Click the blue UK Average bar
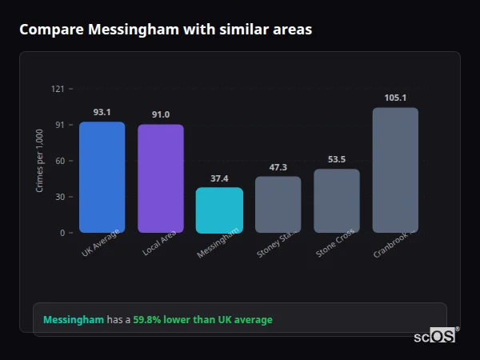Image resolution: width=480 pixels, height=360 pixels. (102, 177)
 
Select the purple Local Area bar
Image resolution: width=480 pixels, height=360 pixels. (160, 178)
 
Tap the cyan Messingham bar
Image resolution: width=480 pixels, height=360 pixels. (219, 210)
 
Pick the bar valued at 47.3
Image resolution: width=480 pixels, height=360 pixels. (278, 205)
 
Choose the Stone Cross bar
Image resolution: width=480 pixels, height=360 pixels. (337, 201)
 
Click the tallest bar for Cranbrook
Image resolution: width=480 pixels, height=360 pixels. (395, 170)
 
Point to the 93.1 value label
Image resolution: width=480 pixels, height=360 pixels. (102, 113)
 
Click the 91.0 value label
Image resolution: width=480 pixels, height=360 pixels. (160, 115)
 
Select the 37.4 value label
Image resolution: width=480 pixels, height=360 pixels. (219, 178)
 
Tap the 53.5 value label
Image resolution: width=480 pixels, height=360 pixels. (337, 160)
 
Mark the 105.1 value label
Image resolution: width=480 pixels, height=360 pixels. (395, 98)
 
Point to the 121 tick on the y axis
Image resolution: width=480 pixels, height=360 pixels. (58, 89)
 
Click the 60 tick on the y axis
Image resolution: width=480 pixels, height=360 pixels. (59, 161)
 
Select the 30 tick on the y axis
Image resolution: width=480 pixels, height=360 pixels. (59, 197)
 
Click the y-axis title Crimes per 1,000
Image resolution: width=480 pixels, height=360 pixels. (39, 161)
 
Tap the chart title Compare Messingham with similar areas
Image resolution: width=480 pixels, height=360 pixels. (166, 30)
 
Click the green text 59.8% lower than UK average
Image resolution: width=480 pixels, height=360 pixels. (202, 320)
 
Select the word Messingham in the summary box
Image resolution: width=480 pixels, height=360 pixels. (73, 320)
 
